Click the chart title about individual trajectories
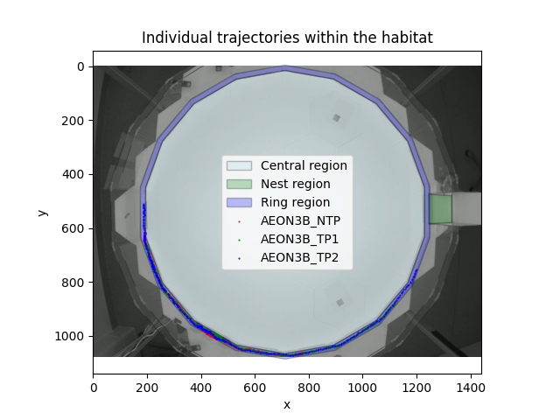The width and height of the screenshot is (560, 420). click(287, 38)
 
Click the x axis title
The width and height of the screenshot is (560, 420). click(287, 404)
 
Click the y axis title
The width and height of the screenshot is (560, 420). click(42, 212)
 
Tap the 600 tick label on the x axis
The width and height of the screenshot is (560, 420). click(255, 388)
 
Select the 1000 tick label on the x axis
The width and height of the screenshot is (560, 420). click(363, 388)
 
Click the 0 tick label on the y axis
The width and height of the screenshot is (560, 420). click(80, 66)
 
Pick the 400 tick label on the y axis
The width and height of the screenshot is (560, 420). click(73, 174)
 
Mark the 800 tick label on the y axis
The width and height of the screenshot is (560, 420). click(73, 282)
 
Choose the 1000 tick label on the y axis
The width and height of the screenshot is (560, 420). click(71, 336)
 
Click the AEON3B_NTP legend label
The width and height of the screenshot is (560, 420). click(301, 221)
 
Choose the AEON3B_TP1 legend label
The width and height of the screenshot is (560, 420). click(299, 240)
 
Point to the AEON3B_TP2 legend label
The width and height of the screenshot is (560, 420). click(299, 258)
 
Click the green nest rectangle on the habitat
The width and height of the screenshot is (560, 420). click(440, 209)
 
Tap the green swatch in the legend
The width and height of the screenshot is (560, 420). click(239, 184)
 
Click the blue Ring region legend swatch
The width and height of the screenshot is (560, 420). click(239, 202)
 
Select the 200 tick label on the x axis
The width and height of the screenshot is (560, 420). click(147, 388)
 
